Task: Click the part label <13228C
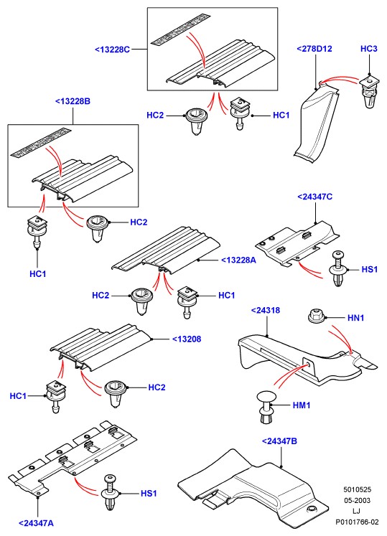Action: pyautogui.click(x=112, y=50)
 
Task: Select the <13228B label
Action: pyautogui.click(x=73, y=101)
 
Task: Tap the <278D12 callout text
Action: pyautogui.click(x=314, y=49)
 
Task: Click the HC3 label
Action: pyautogui.click(x=369, y=49)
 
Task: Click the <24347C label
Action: pyautogui.click(x=314, y=197)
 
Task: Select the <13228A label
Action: pyautogui.click(x=238, y=260)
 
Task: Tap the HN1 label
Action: pyautogui.click(x=356, y=318)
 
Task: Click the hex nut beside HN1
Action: pyautogui.click(x=316, y=316)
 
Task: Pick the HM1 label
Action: pyautogui.click(x=302, y=405)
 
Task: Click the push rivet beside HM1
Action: pyautogui.click(x=266, y=407)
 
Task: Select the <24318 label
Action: pyautogui.click(x=266, y=311)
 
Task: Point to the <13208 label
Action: pyautogui.click(x=187, y=339)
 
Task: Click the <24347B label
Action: pyautogui.click(x=279, y=441)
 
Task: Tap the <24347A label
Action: pyautogui.click(x=36, y=523)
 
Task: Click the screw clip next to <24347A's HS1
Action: pyautogui.click(x=111, y=492)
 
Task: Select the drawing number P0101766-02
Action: pyautogui.click(x=357, y=522)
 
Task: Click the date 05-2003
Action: pyautogui.click(x=358, y=500)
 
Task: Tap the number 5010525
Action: pyautogui.click(x=358, y=490)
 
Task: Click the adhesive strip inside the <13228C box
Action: pyautogui.click(x=181, y=29)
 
